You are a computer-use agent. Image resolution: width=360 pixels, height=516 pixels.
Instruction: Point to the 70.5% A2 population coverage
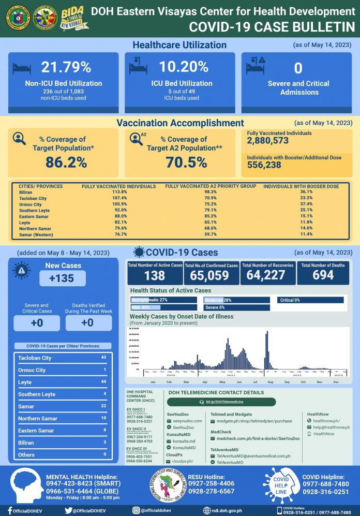[x=183, y=162]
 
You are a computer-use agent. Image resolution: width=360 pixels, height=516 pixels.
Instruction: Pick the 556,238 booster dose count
[x=264, y=164]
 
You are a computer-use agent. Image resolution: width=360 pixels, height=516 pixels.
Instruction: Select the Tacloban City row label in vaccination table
[x=33, y=198]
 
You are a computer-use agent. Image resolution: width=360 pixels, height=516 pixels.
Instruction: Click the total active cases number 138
[x=154, y=275]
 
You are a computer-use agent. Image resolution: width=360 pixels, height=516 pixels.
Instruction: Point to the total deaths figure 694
[x=323, y=275]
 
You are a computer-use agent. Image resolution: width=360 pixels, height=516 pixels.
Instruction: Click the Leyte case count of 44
[x=103, y=382]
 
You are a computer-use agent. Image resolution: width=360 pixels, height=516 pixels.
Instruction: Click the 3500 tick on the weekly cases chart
[x=133, y=328]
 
